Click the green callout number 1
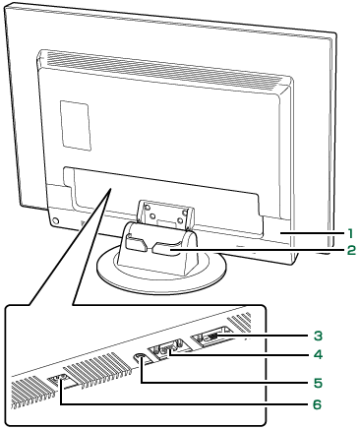click(350, 233)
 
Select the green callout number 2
click(350, 251)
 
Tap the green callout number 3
click(318, 336)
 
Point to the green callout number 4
click(318, 354)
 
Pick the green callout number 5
click(318, 383)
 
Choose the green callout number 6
click(318, 404)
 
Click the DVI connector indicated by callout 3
click(210, 337)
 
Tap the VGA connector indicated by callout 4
click(167, 348)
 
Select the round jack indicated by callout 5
click(141, 357)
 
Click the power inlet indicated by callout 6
click(59, 381)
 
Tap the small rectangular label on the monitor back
click(75, 125)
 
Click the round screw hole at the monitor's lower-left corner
click(55, 221)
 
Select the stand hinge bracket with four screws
click(164, 214)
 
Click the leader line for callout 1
click(310, 233)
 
